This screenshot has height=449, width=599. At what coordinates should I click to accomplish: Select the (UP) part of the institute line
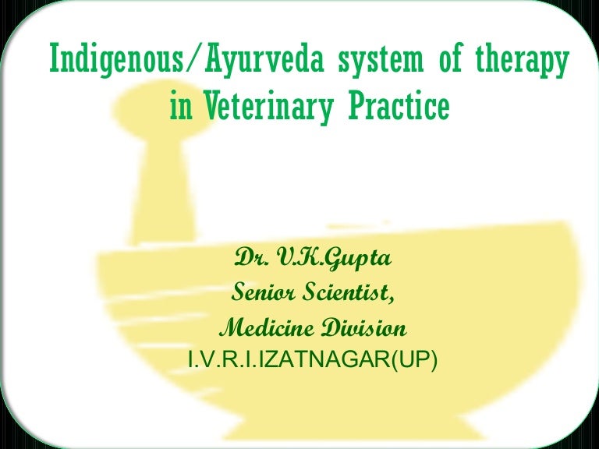click(x=414, y=360)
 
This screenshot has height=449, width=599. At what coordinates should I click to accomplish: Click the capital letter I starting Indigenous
click(x=53, y=59)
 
